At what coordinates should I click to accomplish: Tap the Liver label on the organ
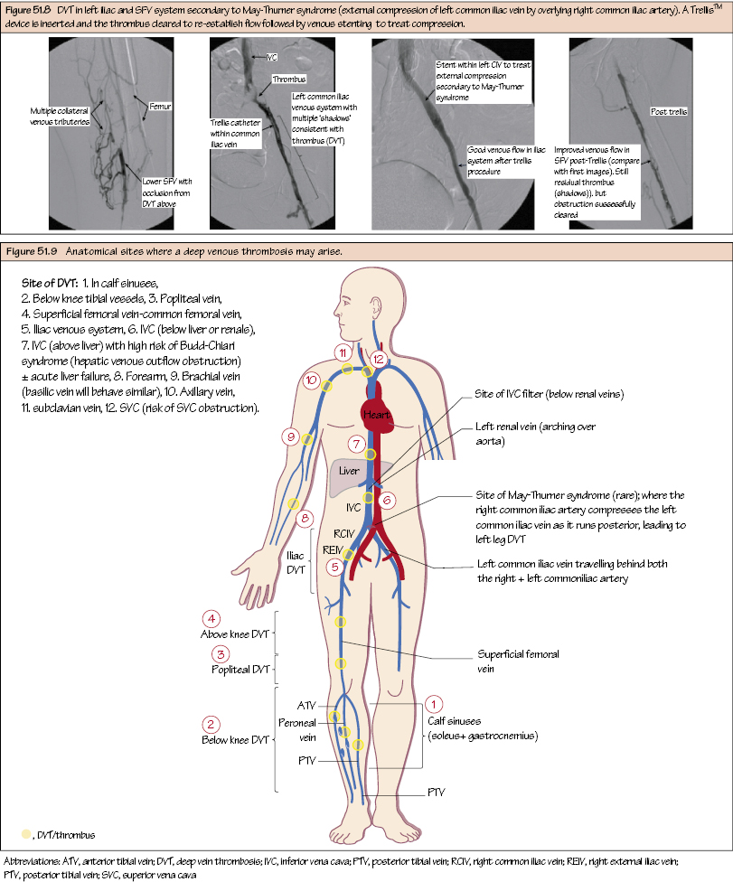pos(349,471)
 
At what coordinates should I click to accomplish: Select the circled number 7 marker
pos(357,445)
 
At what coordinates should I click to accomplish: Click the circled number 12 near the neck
pos(379,359)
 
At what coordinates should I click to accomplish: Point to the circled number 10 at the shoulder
pos(312,380)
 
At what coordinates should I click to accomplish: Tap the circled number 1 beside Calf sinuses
pos(435,703)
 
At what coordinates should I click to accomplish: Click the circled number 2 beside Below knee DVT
pos(211,725)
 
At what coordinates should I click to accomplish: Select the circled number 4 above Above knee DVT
pos(211,619)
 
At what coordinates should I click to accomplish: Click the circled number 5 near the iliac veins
pos(334,567)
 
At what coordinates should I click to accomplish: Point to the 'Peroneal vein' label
pos(297,730)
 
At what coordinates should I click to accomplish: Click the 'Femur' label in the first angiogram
pos(160,107)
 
